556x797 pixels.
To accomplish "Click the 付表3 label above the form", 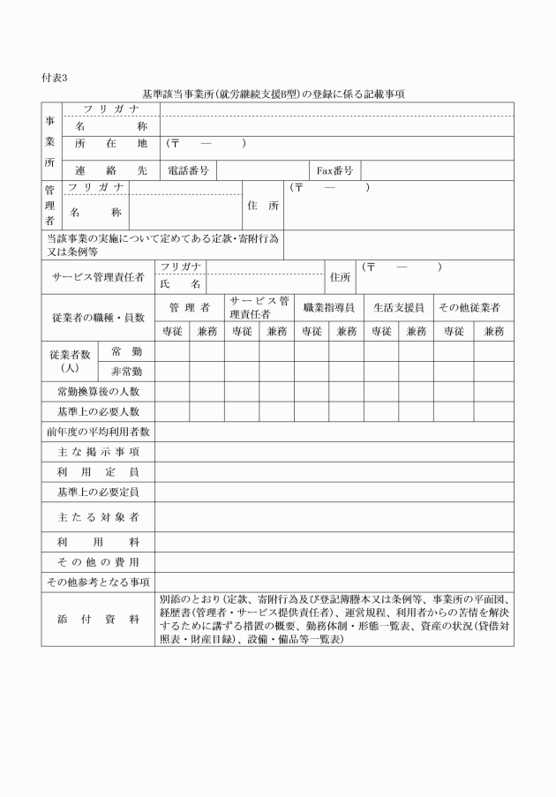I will [x=55, y=79].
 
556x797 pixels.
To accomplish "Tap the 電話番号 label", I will [x=187, y=170].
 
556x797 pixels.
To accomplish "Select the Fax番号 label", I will [x=334, y=170].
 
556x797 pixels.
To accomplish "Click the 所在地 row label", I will [x=110, y=143].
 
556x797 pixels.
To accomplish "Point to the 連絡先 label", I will [x=110, y=170].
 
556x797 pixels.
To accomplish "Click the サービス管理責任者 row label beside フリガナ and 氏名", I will [x=98, y=276].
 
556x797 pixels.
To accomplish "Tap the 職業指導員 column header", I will [x=328, y=307].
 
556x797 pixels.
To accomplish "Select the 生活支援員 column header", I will [x=398, y=307].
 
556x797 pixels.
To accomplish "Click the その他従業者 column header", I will [x=469, y=307].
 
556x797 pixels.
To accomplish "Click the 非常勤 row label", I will [x=126, y=372].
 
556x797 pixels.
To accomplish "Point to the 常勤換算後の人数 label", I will [x=98, y=391].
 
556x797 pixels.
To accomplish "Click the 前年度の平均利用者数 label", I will [x=98, y=432].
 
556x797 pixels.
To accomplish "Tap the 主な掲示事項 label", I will [x=98, y=452].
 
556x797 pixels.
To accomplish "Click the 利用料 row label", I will [x=98, y=541].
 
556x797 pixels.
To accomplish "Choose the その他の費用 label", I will [x=98, y=561].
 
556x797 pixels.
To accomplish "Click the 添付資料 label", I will [x=98, y=619].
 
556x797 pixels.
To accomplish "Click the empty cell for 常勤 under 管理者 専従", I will [x=172, y=351].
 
